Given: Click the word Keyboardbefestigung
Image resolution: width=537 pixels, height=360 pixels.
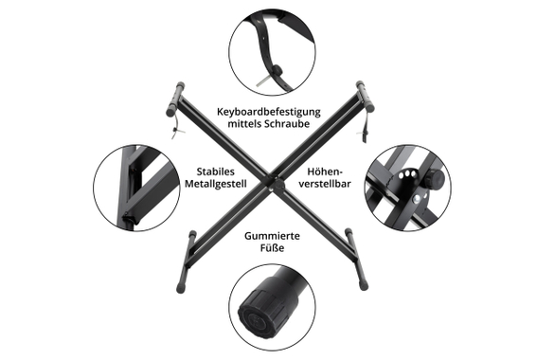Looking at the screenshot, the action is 269,112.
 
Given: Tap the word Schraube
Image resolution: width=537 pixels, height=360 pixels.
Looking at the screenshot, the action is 287,124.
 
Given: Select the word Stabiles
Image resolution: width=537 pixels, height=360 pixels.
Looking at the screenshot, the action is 215,171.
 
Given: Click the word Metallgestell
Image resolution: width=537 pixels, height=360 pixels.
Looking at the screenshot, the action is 216,184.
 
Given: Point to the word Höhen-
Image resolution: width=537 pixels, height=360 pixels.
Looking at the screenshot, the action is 325,171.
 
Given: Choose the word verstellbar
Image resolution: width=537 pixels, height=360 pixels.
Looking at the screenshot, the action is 325,184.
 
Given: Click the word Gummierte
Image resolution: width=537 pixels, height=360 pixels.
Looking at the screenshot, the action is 272,236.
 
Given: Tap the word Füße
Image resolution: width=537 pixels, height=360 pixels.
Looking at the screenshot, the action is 272,247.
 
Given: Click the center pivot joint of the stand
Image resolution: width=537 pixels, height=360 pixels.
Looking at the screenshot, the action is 278,185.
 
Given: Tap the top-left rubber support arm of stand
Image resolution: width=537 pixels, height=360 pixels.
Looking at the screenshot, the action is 175,99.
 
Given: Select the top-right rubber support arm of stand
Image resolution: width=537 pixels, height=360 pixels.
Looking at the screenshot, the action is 365,97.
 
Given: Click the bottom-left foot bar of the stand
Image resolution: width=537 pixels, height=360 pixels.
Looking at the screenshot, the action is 186,261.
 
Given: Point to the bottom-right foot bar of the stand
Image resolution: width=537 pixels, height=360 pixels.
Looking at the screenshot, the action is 356,259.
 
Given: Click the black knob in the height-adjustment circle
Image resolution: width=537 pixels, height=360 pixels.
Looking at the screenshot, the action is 435,178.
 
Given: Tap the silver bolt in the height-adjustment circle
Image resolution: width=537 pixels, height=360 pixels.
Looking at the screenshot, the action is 417,199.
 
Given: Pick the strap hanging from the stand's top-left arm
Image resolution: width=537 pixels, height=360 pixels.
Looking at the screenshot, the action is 177,127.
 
